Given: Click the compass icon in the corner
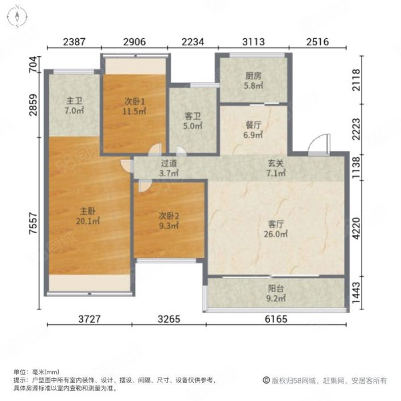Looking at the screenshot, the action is click(x=17, y=17).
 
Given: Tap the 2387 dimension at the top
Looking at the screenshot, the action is click(x=74, y=41).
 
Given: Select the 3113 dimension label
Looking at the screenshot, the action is click(x=253, y=41).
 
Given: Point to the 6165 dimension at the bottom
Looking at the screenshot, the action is click(x=276, y=319).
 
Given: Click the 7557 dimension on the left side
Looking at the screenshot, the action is click(x=33, y=223).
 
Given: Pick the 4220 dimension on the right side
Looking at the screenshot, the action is click(x=356, y=229).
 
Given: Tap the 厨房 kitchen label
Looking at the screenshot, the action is click(x=253, y=76).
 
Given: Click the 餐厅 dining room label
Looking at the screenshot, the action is click(x=253, y=125).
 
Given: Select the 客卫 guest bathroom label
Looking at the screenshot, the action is click(x=192, y=116).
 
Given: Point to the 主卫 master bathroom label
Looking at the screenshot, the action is click(x=74, y=101).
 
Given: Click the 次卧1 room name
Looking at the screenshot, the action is click(x=134, y=102).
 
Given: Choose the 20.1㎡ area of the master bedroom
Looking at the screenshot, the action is click(x=88, y=221).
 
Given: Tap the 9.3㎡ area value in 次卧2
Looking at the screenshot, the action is click(x=168, y=226).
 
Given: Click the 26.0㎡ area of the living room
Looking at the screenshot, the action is click(x=276, y=234).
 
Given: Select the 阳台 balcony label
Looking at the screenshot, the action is click(x=276, y=289).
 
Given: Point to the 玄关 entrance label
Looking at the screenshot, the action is click(x=276, y=163).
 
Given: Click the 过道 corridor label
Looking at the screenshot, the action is click(x=169, y=163).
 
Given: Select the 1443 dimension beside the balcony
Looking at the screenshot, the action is click(x=356, y=293).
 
